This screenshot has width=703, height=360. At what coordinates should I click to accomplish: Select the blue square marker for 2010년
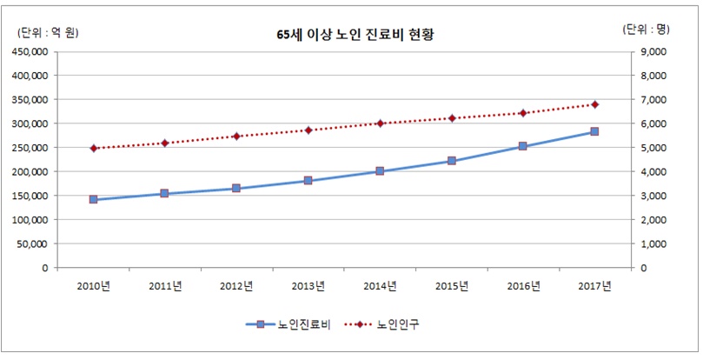pos(93,200)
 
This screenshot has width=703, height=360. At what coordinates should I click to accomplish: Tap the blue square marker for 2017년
pos(594,131)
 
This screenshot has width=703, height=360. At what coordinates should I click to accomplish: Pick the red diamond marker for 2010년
pos(93,148)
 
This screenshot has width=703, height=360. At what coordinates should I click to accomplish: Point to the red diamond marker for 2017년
pos(594,104)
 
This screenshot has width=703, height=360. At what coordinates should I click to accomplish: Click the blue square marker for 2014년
pos(380,171)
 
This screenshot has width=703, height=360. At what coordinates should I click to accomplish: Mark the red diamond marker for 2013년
pos(308,130)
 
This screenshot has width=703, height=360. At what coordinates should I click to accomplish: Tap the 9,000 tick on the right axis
pos(653,51)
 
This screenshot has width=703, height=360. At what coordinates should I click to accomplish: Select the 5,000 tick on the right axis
pos(653,148)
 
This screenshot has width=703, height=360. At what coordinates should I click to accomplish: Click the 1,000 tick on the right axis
pos(653,244)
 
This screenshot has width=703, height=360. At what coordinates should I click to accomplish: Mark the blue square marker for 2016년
pos(522,146)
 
